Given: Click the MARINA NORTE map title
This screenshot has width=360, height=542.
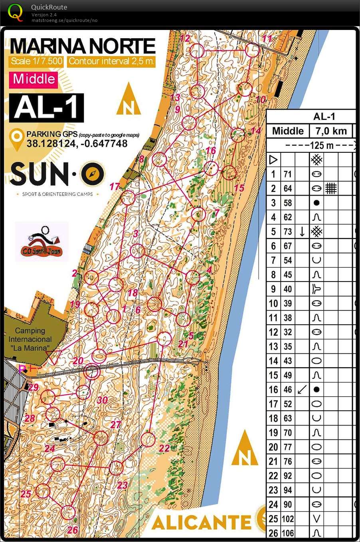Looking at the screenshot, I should click(x=82, y=46).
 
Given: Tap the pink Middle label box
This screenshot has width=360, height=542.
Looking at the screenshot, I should click(x=34, y=79).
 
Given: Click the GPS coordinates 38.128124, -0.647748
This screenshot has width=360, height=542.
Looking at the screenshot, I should click(x=77, y=144).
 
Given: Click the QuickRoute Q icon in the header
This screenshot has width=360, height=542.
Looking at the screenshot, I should click(x=16, y=12).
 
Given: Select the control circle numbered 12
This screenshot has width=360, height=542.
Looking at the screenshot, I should click(x=197, y=51).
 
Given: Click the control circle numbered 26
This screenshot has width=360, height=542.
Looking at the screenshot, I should click(x=68, y=512).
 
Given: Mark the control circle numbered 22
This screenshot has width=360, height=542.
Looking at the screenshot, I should click(x=148, y=440).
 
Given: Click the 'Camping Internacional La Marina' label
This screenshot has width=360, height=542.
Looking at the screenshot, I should click(x=30, y=339).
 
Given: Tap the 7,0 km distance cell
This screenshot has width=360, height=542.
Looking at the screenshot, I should click(x=331, y=131).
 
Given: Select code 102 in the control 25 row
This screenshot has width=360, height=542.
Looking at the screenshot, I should click(x=287, y=519).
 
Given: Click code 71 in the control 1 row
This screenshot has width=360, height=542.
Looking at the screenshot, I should click(x=287, y=174).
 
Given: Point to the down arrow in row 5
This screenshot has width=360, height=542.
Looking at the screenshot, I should click(x=302, y=231).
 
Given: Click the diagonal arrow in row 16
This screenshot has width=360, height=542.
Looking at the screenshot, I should click(x=302, y=389).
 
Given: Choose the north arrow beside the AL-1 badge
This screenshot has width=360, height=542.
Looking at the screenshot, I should click(x=129, y=100).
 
